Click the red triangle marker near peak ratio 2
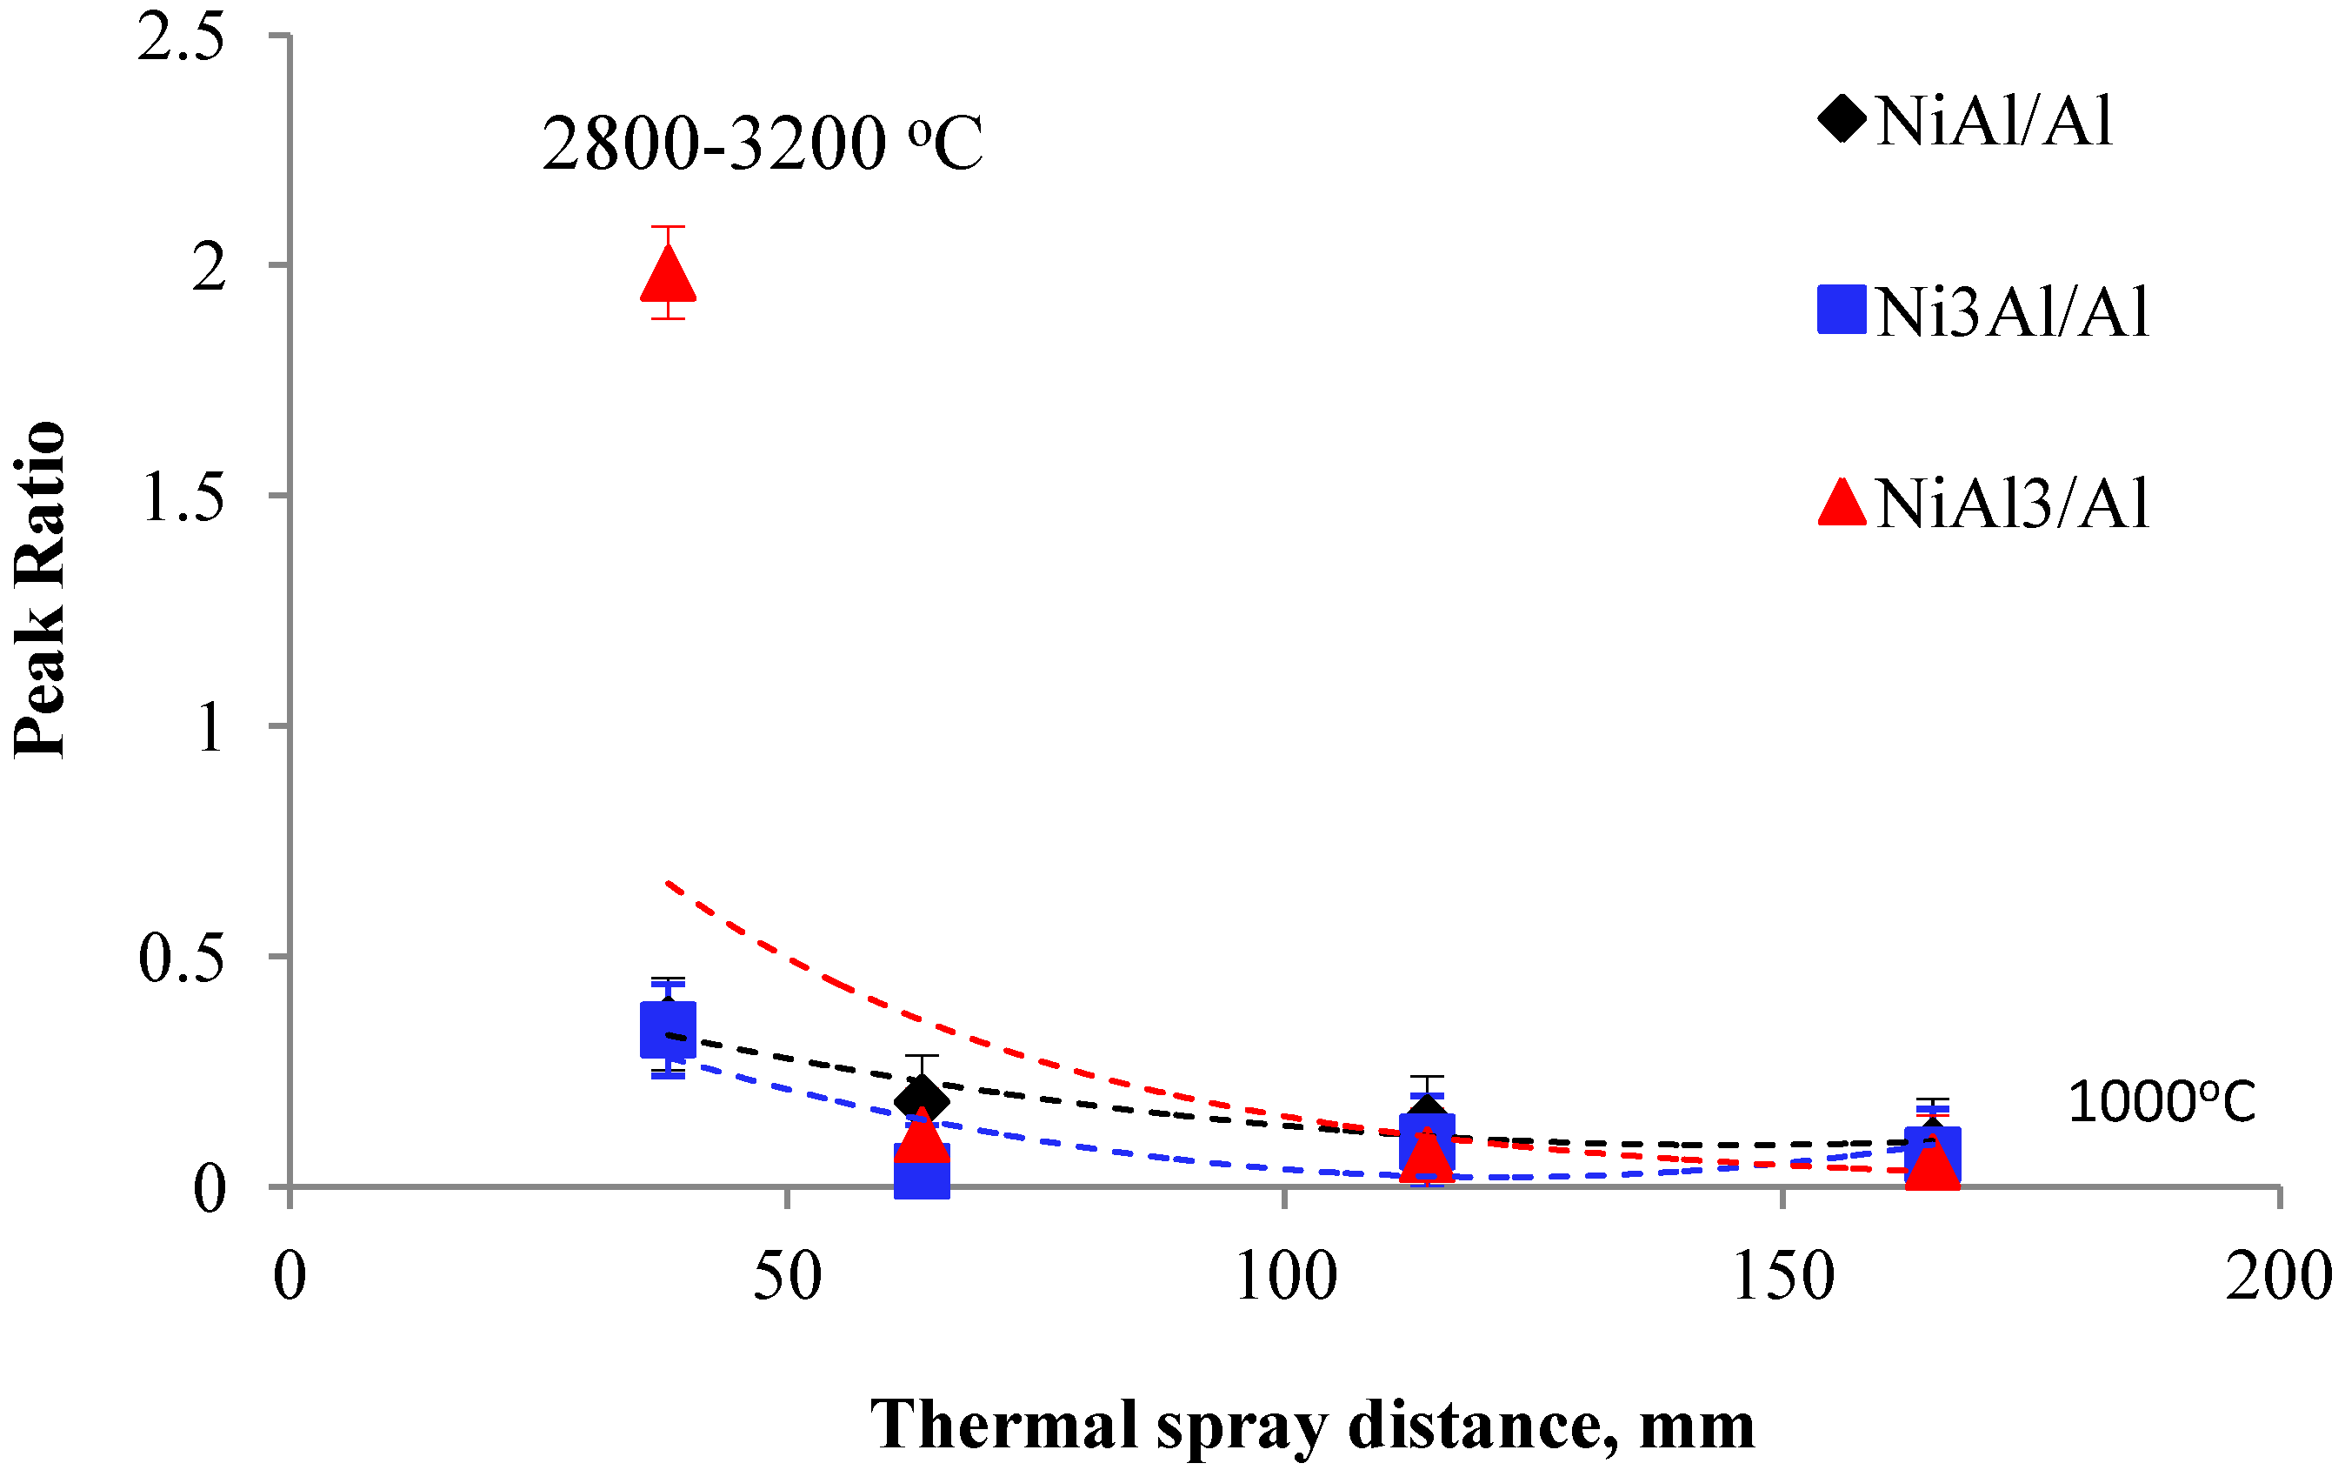point(668,275)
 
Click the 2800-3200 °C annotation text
point(762,144)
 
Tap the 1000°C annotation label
point(2161,1104)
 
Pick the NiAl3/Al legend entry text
point(2013,503)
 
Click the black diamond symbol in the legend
point(1842,118)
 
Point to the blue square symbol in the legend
point(1842,309)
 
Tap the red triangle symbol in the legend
point(1842,503)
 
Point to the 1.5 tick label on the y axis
point(183,497)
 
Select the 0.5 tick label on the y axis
point(183,958)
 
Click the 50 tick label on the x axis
point(786,1277)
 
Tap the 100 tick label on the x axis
point(1285,1277)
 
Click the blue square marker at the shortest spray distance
point(668,1030)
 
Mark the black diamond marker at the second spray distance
point(922,1100)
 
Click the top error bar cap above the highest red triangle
point(668,226)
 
